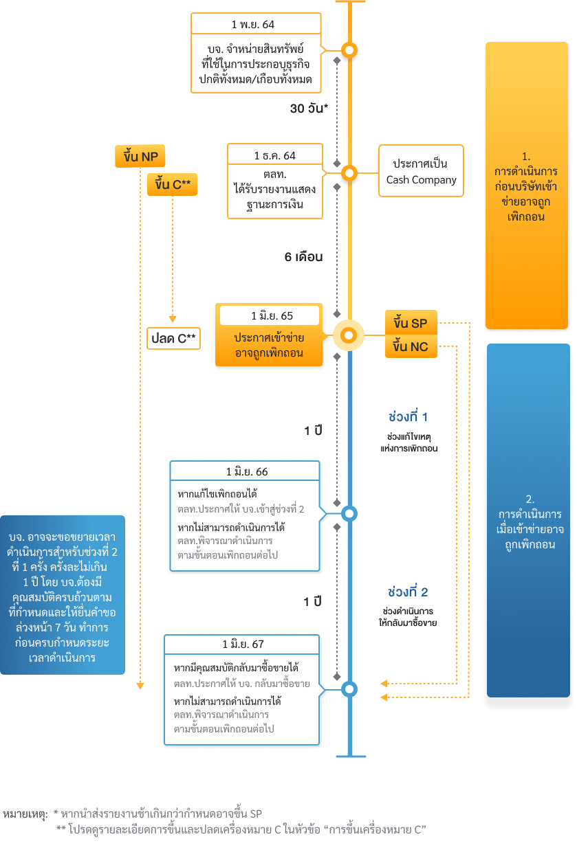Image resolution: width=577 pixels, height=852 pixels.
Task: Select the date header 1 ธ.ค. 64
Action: (274, 155)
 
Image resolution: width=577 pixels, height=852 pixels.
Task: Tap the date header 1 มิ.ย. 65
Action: (268, 316)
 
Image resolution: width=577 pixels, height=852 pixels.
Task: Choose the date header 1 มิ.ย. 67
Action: (243, 644)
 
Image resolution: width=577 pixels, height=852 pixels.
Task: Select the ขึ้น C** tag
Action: (172, 185)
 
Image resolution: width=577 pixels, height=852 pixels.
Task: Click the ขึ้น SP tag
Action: (411, 323)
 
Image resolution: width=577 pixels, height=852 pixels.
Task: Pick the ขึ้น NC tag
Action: (411, 347)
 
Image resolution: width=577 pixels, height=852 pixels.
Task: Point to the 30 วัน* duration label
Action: (308, 109)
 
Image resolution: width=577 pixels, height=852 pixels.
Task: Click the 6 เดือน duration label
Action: (303, 257)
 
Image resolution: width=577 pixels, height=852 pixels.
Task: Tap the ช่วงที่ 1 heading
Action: (408, 417)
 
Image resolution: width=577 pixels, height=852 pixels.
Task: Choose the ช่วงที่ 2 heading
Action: (408, 592)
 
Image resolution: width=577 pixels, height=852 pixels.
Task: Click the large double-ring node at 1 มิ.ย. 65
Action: (349, 335)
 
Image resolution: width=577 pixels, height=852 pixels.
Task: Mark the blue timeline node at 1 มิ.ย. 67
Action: (349, 688)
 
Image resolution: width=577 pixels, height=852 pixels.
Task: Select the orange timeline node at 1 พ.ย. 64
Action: (349, 50)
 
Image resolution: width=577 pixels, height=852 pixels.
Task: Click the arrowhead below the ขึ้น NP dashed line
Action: (140, 685)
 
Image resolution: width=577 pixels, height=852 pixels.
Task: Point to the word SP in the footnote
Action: (256, 814)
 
